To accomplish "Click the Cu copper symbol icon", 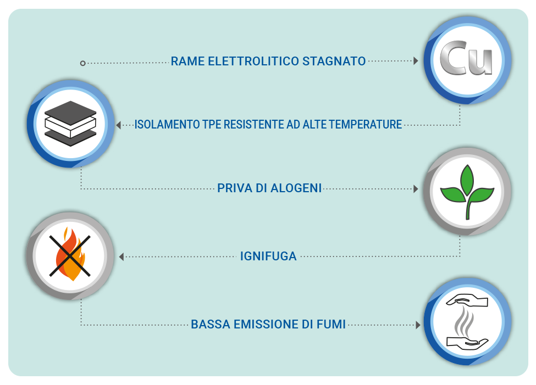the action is click(x=466, y=58).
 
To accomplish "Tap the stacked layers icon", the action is click(x=70, y=124).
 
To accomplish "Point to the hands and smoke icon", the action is click(x=467, y=322).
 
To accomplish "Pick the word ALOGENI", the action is click(x=296, y=188).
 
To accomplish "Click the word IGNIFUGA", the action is click(x=268, y=256).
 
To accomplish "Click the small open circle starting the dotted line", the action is click(x=82, y=63).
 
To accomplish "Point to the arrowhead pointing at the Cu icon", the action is click(x=416, y=61).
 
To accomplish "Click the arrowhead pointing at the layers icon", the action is click(x=119, y=125).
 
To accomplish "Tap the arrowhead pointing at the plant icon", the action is click(x=416, y=189).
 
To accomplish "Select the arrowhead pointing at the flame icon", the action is click(x=121, y=256).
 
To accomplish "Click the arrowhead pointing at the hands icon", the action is click(x=418, y=325).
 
